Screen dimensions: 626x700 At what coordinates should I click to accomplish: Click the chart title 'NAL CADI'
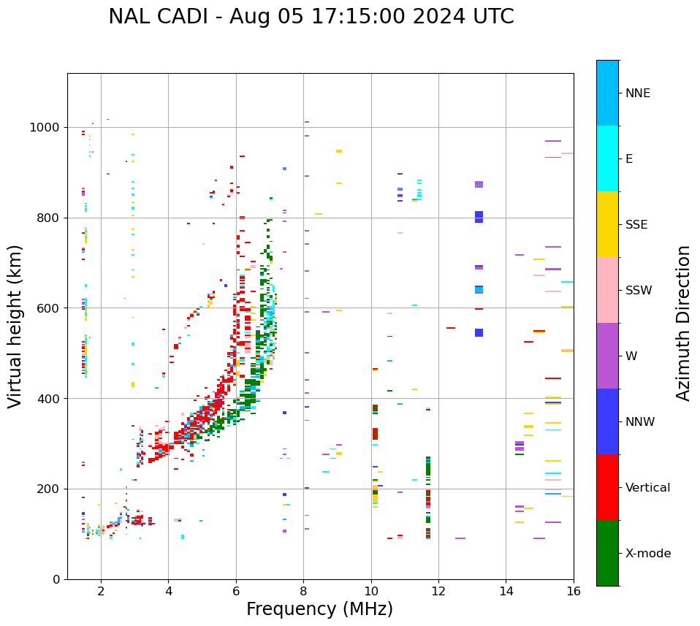pos(311,17)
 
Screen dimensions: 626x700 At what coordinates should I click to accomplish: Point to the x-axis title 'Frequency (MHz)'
pos(319,609)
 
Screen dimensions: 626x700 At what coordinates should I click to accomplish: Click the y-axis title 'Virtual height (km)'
pos(15,326)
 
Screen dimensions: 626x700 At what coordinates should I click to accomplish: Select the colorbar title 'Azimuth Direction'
pos(683,323)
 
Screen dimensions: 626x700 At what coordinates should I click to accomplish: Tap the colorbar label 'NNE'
pos(637,93)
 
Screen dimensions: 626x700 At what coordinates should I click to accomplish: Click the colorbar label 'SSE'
pos(636,225)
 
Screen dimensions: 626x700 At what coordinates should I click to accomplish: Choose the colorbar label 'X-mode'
pos(647,554)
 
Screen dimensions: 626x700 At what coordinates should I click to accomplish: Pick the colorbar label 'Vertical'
pos(647,488)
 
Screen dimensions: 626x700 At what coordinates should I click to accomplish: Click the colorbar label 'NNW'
pos(639,422)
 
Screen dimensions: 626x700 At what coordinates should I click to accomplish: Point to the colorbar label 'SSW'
pos(639,291)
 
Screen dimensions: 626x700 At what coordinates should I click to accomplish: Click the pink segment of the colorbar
pos(607,290)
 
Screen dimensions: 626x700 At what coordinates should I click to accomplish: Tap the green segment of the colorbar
pos(607,553)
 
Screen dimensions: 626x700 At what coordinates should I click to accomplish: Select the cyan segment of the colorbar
pos(607,159)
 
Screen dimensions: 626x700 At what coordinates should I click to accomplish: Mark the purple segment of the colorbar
pos(607,356)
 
